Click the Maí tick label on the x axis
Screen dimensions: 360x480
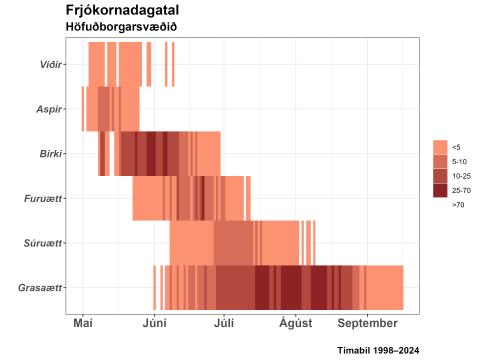point(83,324)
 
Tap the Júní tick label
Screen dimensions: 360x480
point(154,324)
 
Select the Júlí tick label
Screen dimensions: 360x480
point(224,324)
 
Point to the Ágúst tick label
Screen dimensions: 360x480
point(295,324)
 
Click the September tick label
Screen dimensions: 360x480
point(367,324)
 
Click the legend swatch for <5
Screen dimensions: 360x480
point(440,146)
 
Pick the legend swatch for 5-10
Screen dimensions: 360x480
point(440,161)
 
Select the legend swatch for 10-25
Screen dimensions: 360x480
point(440,175)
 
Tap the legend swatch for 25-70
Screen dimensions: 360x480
point(440,190)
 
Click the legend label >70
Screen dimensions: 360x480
point(458,205)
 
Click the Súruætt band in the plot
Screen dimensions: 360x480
point(240,243)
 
